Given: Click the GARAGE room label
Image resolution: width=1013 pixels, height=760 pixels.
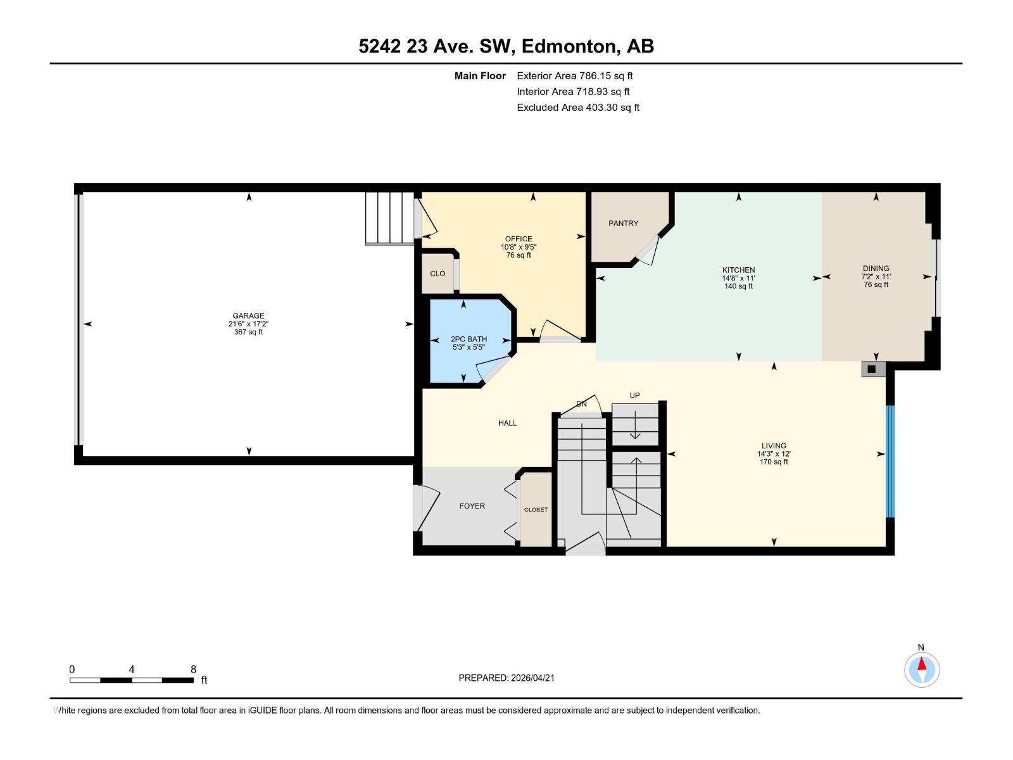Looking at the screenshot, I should tap(248, 315).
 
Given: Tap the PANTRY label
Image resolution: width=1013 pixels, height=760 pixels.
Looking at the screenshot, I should tap(623, 224).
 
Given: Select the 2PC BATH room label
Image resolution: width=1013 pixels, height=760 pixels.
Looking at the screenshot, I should tap(469, 339).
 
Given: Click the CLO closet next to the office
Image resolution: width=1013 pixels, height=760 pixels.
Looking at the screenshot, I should tap(437, 274).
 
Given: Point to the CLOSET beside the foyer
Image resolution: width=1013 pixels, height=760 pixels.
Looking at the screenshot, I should tap(536, 510).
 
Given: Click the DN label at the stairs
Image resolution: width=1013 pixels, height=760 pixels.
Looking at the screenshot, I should tap(581, 404).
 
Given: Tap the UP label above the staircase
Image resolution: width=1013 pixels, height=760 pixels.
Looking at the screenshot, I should tap(634, 395).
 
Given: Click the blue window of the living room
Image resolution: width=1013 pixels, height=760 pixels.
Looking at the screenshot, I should tap(890, 461).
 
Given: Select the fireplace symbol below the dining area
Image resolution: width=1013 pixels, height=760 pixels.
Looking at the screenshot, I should tap(872, 369).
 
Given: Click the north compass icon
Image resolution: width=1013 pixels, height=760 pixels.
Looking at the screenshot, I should tap(922, 669).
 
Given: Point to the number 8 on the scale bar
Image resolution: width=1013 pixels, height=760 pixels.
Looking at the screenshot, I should tap(194, 669).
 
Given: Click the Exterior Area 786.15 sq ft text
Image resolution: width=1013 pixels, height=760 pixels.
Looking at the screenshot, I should tap(574, 76).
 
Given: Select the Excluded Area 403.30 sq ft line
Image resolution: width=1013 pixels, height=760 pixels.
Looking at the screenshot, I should tap(577, 108).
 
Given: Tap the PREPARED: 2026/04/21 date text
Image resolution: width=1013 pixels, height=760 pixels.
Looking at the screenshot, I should tap(507, 678).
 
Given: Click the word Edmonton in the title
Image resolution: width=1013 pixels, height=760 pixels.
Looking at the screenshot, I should tap(569, 46).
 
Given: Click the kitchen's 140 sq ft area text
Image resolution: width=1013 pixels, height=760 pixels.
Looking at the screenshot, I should tap(738, 286).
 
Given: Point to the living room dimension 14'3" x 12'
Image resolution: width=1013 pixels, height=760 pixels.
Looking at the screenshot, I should tap(774, 454).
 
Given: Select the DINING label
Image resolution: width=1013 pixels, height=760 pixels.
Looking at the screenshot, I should tap(876, 269).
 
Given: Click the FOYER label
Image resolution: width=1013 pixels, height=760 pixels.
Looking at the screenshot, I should tap(472, 506).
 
